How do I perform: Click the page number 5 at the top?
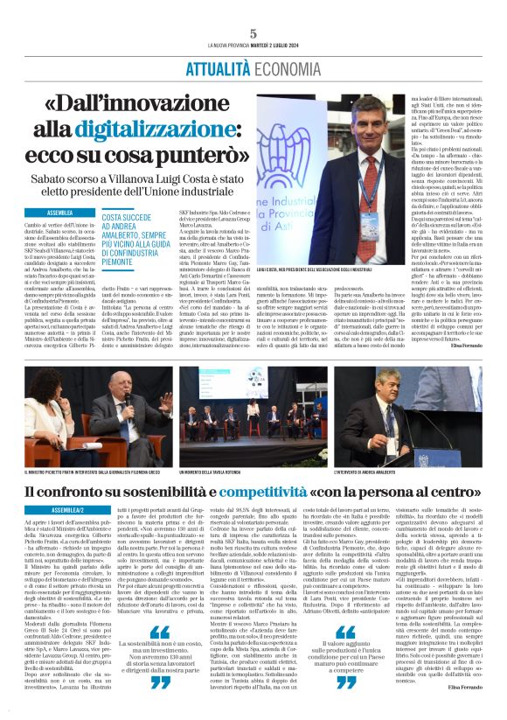tap(253, 33)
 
